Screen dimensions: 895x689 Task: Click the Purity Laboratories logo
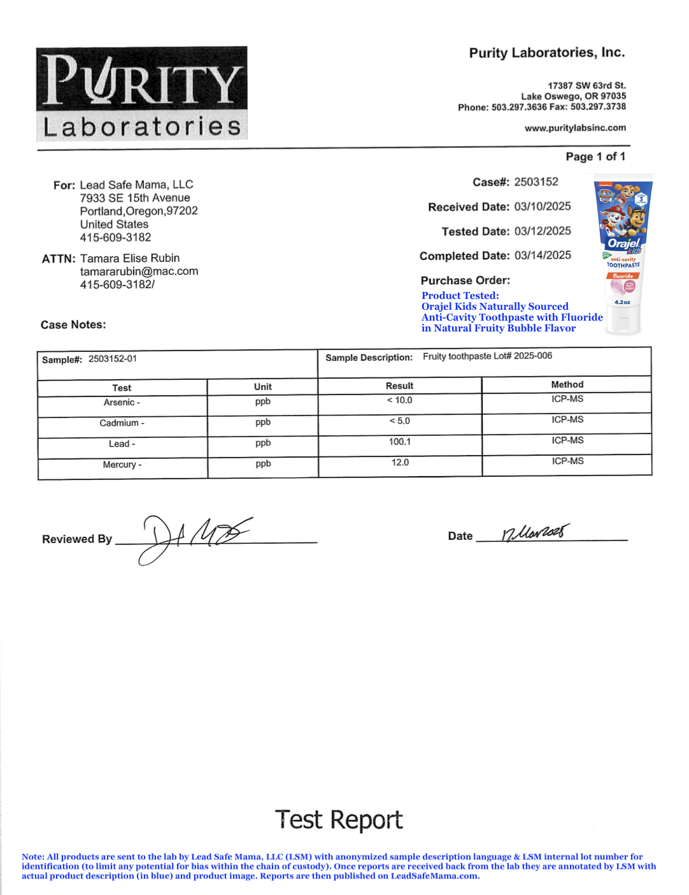click(x=141, y=93)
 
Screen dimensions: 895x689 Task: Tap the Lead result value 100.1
click(x=400, y=442)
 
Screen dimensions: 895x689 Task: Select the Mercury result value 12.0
click(x=400, y=463)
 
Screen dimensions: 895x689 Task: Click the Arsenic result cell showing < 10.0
click(x=400, y=400)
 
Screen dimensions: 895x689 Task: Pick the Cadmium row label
click(x=122, y=423)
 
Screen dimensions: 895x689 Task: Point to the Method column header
click(x=567, y=384)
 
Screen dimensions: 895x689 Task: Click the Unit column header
click(x=262, y=387)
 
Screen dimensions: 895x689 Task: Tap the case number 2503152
click(x=536, y=182)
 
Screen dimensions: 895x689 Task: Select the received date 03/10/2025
click(x=543, y=207)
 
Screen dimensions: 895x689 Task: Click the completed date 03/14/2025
click(x=543, y=256)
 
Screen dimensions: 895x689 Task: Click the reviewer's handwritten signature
click(x=191, y=537)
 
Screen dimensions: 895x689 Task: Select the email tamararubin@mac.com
click(x=139, y=272)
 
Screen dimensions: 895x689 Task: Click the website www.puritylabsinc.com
click(x=575, y=128)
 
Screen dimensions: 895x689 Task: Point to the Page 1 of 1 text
click(x=595, y=157)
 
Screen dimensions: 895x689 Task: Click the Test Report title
click(x=339, y=820)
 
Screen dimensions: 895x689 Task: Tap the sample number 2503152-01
click(x=112, y=359)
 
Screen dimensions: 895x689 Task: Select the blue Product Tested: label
click(x=460, y=296)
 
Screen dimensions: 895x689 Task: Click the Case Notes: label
click(x=73, y=325)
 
